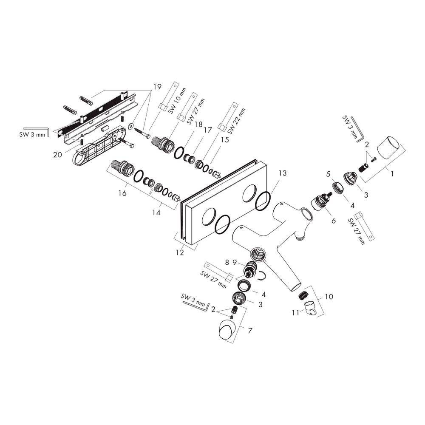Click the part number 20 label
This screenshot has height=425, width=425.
(x=57, y=155)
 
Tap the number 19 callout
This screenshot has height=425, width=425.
(x=157, y=87)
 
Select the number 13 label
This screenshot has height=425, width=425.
(x=283, y=173)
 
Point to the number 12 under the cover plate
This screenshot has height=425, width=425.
(x=180, y=252)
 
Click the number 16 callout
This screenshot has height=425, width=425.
(x=122, y=193)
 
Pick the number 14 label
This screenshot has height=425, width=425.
(x=156, y=212)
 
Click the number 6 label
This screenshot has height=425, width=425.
(x=333, y=221)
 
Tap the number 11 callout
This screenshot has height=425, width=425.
(x=296, y=313)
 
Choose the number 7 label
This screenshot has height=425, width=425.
(x=250, y=331)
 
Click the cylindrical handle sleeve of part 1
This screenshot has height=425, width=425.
(x=388, y=148)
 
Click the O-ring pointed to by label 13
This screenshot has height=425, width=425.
(x=263, y=201)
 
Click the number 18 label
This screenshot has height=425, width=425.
(x=198, y=125)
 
